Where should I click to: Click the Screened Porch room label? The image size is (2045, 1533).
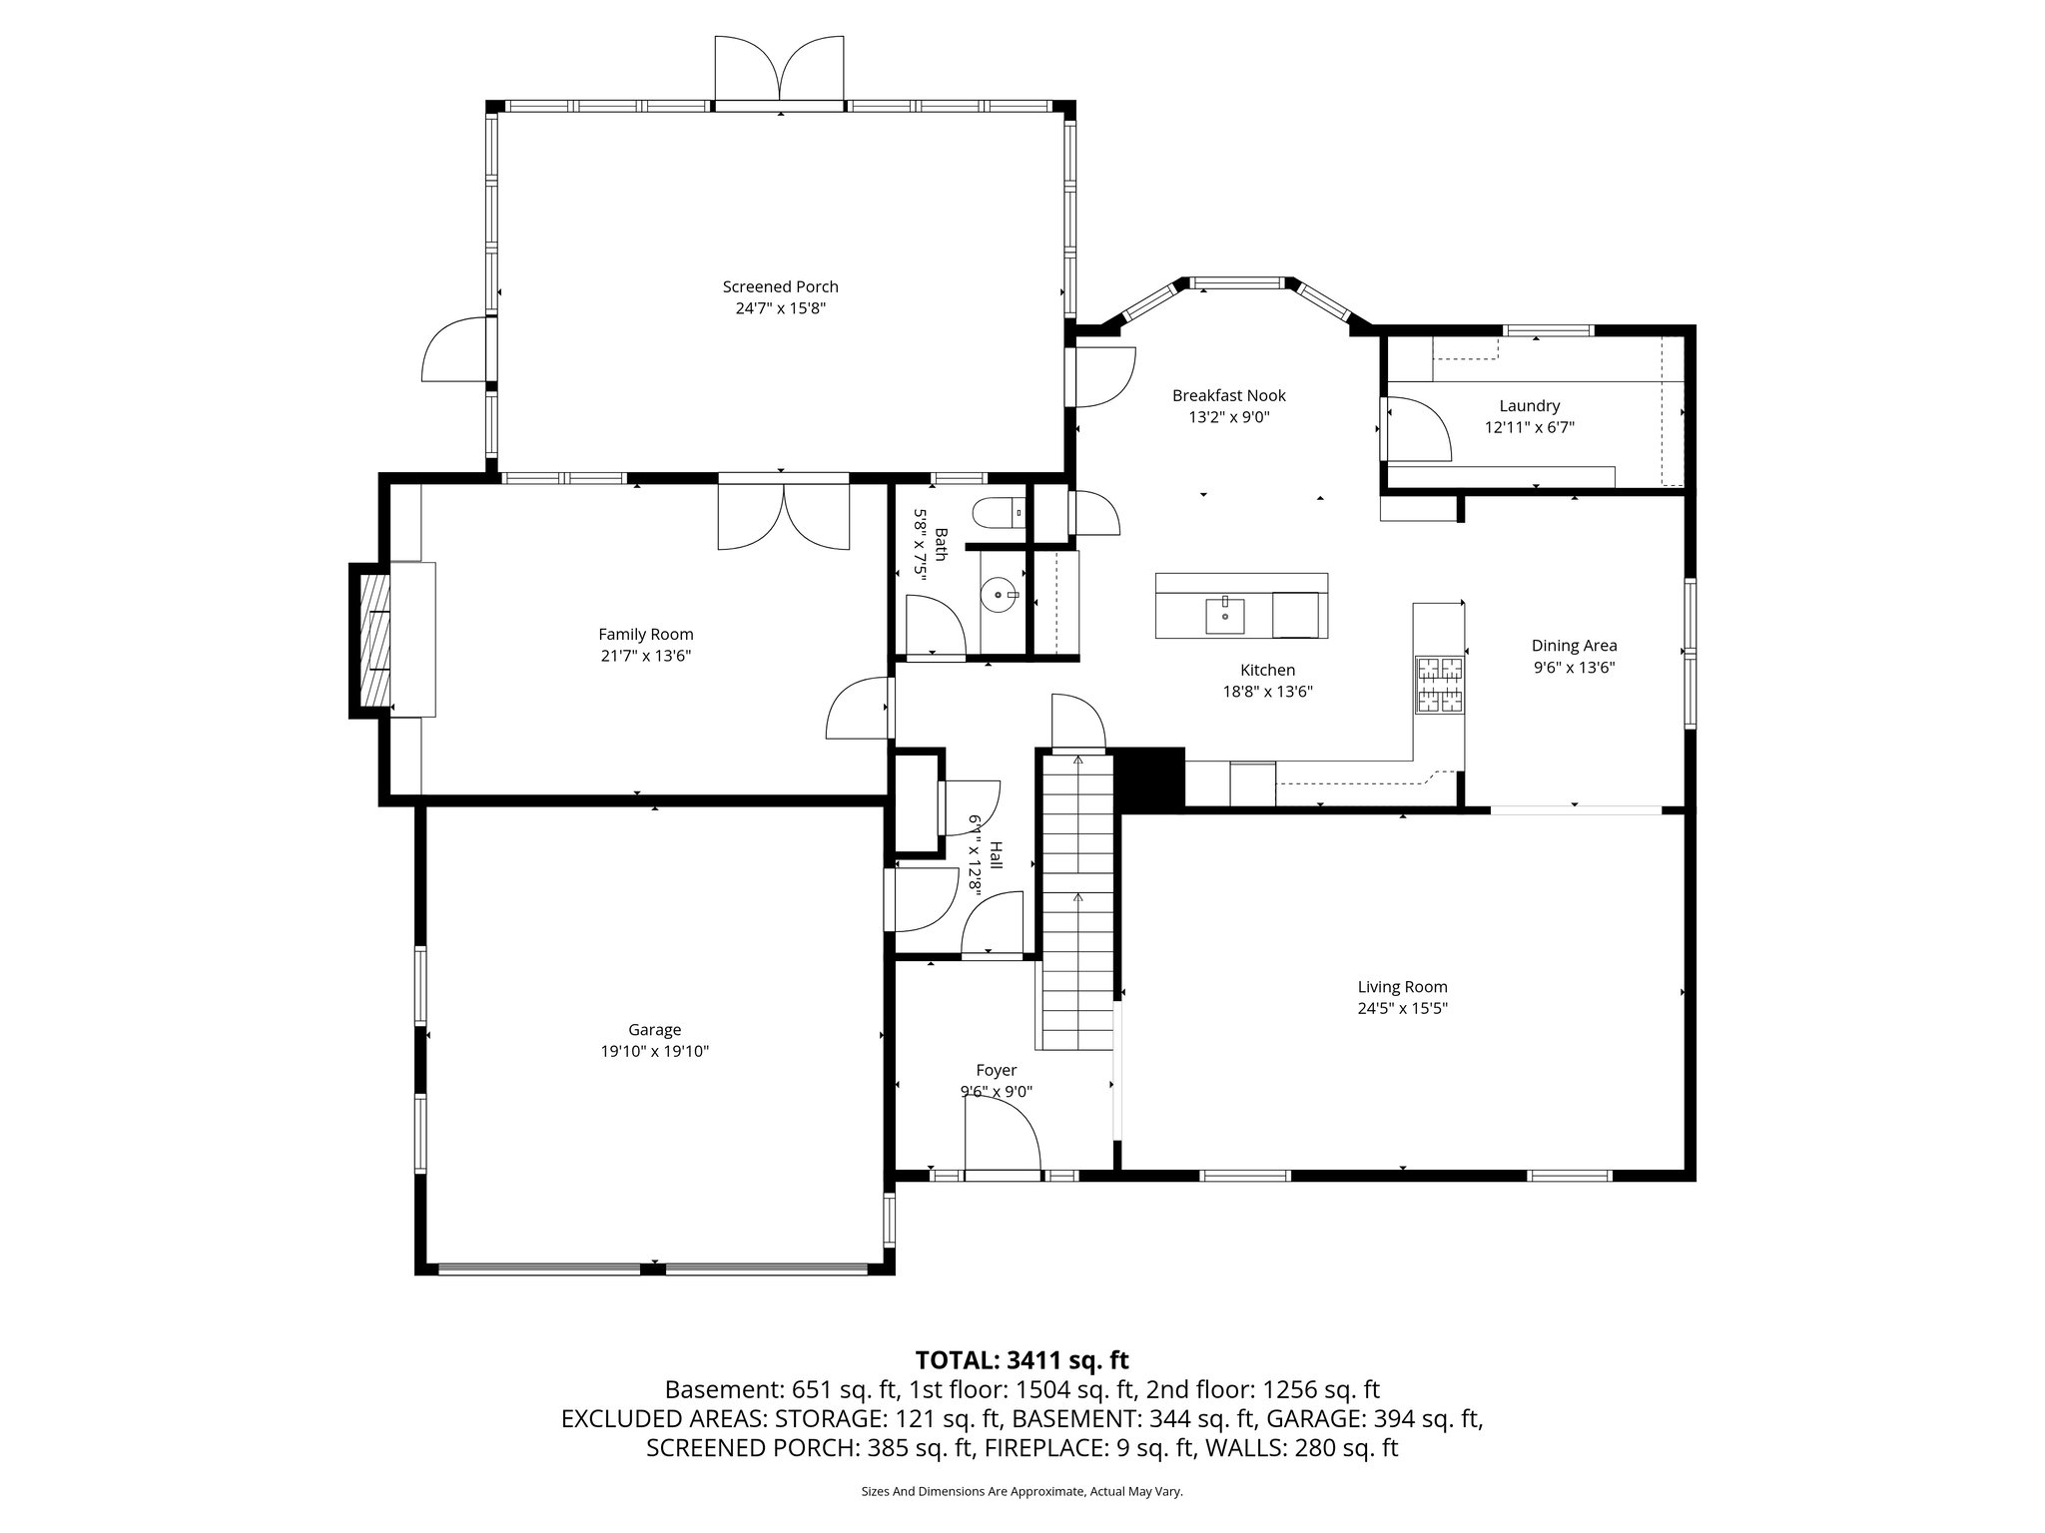(x=780, y=286)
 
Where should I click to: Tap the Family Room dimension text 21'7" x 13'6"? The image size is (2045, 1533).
(x=645, y=656)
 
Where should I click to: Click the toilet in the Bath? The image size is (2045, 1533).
(x=1003, y=513)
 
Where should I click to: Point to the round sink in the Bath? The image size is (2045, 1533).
(x=999, y=596)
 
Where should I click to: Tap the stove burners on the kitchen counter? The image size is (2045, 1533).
(x=1440, y=684)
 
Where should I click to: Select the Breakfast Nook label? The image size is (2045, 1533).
(x=1228, y=396)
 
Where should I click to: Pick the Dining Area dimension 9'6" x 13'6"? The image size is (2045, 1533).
(x=1574, y=668)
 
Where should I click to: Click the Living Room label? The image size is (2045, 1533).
(x=1402, y=987)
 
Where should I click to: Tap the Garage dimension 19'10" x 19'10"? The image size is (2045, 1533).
(x=654, y=1051)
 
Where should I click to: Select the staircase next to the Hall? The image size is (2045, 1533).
(x=1077, y=898)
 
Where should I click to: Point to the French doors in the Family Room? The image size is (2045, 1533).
(x=784, y=515)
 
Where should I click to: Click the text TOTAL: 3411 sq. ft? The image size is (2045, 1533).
(x=1022, y=1359)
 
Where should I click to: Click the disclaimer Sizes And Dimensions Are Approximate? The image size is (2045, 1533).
(x=1022, y=1491)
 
